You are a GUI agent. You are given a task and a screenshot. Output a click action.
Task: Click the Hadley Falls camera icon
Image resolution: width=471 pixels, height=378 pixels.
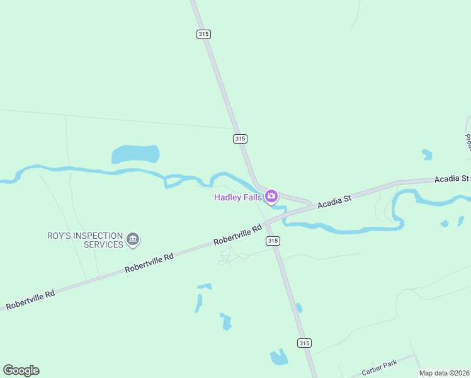coord(271,197)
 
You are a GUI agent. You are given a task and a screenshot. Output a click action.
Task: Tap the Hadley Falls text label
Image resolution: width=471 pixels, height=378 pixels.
coord(238,198)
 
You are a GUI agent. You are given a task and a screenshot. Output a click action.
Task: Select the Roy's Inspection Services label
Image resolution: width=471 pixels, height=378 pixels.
coord(86,240)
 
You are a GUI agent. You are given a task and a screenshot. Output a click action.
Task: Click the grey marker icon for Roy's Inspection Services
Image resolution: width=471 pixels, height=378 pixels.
coord(133,239)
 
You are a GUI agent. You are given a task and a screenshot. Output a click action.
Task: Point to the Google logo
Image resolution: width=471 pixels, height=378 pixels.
coord(21,370)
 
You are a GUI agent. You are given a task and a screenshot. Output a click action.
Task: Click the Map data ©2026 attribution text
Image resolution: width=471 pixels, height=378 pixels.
coord(443,373)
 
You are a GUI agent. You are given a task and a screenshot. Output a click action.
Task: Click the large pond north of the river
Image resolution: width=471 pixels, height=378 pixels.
coord(135,154)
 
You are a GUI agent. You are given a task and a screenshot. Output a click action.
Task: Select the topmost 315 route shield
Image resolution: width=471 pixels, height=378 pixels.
coord(203,34)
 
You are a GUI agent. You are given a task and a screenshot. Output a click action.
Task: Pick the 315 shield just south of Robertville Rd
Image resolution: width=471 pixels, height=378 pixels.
coord(273,241)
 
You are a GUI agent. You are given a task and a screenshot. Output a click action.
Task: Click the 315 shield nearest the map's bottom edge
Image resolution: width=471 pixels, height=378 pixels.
coord(304,343)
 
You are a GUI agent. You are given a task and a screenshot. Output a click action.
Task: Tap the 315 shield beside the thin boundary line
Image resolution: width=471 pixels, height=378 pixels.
coord(239,139)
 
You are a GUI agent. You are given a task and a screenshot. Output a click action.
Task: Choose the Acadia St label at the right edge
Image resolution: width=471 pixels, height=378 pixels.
coord(452,180)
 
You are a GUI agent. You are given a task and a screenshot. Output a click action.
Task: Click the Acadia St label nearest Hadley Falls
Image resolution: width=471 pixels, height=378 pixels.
coord(334,202)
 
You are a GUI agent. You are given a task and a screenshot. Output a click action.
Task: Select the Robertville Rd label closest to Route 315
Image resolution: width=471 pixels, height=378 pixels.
coord(237,234)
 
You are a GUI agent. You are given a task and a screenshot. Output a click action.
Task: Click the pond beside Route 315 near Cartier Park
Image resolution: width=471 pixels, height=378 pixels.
coord(279,358)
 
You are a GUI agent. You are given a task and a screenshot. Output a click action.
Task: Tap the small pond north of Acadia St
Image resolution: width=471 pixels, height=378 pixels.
coord(428,154)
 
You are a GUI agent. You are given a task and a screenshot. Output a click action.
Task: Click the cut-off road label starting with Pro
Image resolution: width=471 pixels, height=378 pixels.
coord(468,141)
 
